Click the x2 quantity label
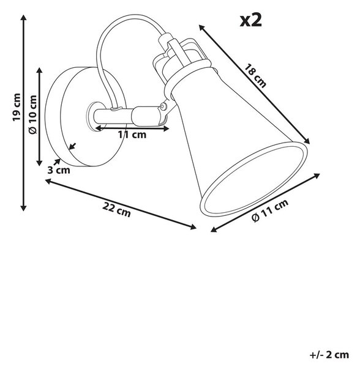pyautogui.click(x=250, y=21)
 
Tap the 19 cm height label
pyautogui.click(x=17, y=108)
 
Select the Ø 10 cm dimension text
pyautogui.click(x=33, y=114)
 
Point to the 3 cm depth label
pyautogui.click(x=59, y=170)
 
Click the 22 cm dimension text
pyautogui.click(x=116, y=210)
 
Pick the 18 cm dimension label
pyautogui.click(x=255, y=76)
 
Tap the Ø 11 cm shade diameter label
pyautogui.click(x=270, y=210)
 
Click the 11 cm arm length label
pyautogui.click(x=132, y=135)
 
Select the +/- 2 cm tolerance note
pyautogui.click(x=329, y=355)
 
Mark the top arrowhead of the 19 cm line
pyautogui.click(x=23, y=17)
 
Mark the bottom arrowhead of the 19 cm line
pyautogui.click(x=23, y=209)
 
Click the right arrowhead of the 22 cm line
pyautogui.click(x=193, y=227)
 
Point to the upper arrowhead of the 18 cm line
pyautogui.click(x=201, y=27)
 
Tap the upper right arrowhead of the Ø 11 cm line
pyautogui.click(x=317, y=176)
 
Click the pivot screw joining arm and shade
pyautogui.click(x=162, y=107)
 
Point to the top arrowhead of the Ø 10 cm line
pyautogui.click(x=39, y=70)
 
